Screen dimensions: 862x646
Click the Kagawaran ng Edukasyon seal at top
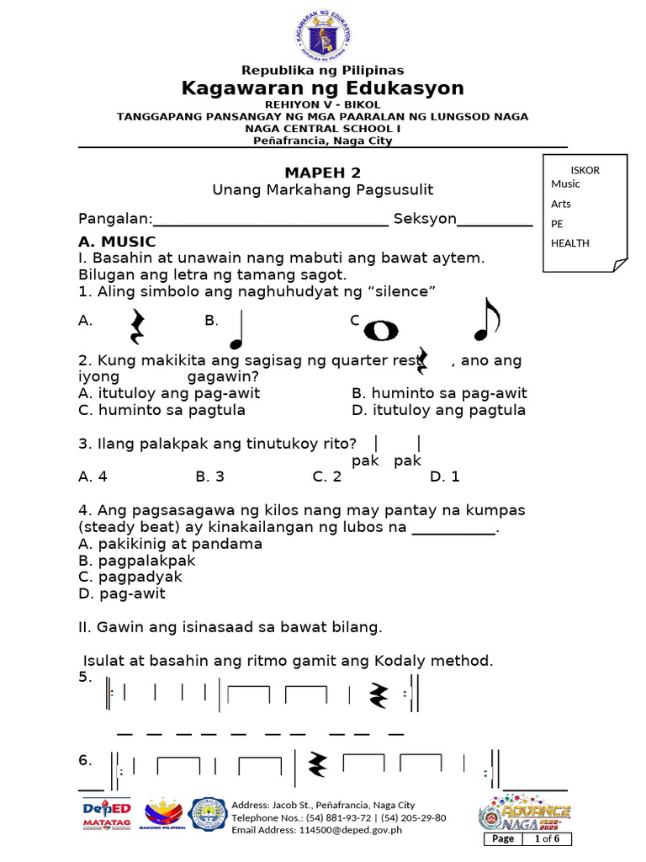point(323,35)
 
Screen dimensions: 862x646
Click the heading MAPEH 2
point(323,173)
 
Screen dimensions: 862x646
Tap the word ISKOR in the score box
point(585,170)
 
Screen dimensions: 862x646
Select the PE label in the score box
point(557,224)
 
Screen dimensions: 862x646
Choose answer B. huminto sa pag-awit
point(439,393)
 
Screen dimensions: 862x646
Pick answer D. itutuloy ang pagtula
point(438,410)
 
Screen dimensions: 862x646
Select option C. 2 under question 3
point(326,476)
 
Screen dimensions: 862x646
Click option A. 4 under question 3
point(93,476)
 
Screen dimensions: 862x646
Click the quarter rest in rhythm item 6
point(318,764)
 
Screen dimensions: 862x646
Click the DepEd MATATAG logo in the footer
point(106,815)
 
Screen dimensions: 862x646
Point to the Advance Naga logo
point(525,815)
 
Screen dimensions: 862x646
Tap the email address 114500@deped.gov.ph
point(317,830)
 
